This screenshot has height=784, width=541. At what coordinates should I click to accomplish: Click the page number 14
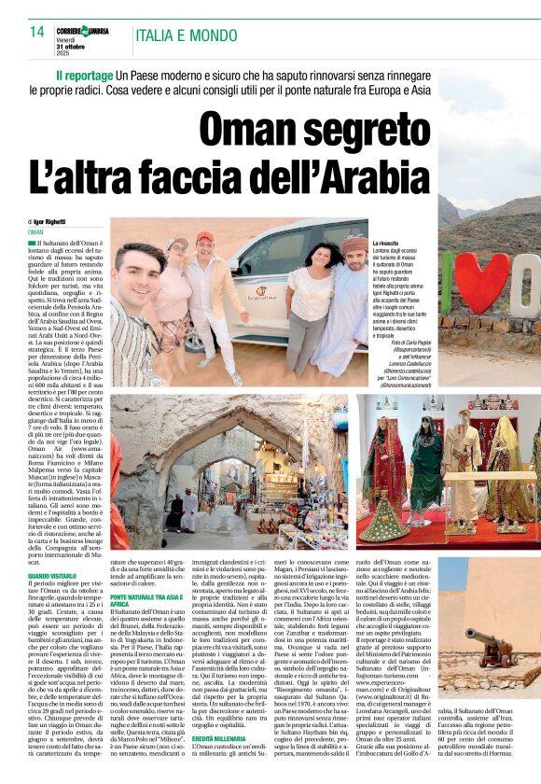tap(37, 31)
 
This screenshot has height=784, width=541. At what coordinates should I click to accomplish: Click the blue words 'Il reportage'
tap(87, 74)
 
